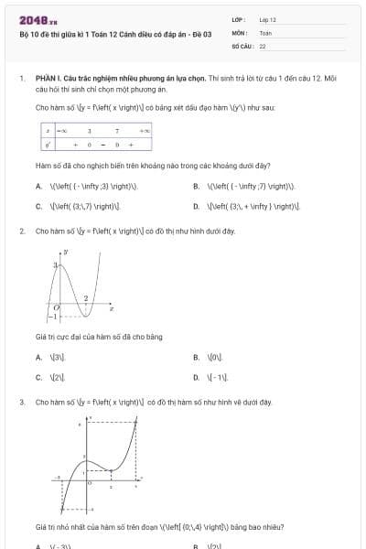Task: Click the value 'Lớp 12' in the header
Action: pos(268,19)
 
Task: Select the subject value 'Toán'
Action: pos(265,32)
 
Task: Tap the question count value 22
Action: pos(263,45)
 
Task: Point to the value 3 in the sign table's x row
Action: pos(89,132)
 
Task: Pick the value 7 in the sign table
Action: pos(117,132)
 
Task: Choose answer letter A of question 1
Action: pos(38,186)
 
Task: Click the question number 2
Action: pos(21,231)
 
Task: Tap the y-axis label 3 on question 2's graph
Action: pos(55,264)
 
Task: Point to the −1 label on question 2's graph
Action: pos(52,317)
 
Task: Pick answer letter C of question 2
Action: pos(38,377)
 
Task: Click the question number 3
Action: pos(21,402)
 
